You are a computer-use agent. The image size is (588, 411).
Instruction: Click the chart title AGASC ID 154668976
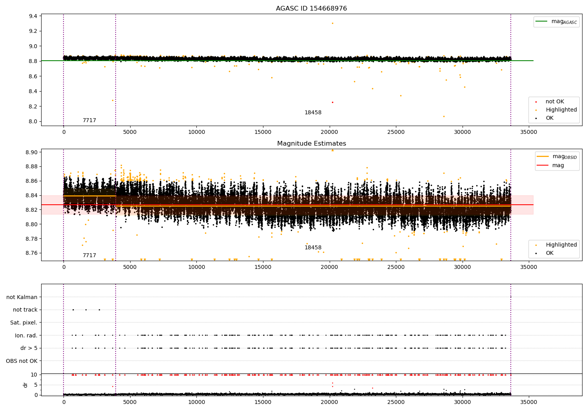click(x=311, y=9)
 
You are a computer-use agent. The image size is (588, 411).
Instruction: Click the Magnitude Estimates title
click(x=311, y=144)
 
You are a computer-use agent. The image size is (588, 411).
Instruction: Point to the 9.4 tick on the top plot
click(x=33, y=16)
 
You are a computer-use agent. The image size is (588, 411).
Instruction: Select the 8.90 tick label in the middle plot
click(x=31, y=152)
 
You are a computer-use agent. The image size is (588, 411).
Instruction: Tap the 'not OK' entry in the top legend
click(x=555, y=102)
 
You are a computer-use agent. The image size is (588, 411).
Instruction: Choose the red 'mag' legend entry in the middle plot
click(x=558, y=166)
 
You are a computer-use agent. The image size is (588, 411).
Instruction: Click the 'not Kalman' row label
click(x=22, y=297)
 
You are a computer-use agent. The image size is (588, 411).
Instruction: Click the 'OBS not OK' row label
click(x=22, y=361)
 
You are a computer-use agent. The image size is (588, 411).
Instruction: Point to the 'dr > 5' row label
click(x=29, y=348)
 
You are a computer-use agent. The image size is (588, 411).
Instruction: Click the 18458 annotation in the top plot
click(x=313, y=113)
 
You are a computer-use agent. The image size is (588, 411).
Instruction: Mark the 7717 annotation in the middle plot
click(x=89, y=256)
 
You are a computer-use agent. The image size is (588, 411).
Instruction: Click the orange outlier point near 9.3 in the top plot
click(x=332, y=23)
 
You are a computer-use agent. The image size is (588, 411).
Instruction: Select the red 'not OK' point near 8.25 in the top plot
click(x=332, y=102)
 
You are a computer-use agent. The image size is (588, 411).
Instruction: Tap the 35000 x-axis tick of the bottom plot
click(x=528, y=402)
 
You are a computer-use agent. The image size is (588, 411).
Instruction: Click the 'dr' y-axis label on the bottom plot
click(x=25, y=385)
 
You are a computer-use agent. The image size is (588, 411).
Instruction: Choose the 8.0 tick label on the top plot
click(x=33, y=121)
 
